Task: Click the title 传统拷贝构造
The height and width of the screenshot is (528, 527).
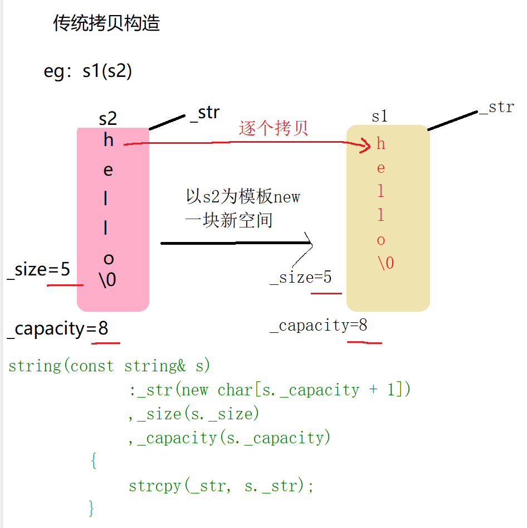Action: click(106, 23)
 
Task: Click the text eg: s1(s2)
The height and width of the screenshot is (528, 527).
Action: click(88, 72)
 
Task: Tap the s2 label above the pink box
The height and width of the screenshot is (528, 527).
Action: click(108, 118)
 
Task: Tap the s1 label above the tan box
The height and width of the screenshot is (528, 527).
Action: click(379, 116)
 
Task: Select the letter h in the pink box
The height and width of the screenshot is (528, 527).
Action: click(109, 141)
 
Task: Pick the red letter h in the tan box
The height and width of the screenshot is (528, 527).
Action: click(381, 144)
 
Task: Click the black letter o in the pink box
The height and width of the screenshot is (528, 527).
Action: click(109, 259)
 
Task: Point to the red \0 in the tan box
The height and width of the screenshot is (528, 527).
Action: click(386, 263)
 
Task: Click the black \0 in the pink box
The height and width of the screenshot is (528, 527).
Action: click(108, 279)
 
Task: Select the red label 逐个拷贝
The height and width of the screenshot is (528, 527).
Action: click(274, 128)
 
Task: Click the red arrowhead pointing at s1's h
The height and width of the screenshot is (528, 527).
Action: click(365, 147)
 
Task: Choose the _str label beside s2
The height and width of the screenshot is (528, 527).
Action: click(205, 112)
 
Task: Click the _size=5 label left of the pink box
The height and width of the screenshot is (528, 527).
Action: click(38, 270)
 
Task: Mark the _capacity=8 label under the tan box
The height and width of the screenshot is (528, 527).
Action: click(319, 326)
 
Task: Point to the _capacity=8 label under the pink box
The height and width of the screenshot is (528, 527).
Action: click(57, 329)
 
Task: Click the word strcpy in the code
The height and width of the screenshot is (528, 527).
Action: click(155, 486)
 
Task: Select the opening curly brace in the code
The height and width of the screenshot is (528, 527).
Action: click(93, 461)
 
